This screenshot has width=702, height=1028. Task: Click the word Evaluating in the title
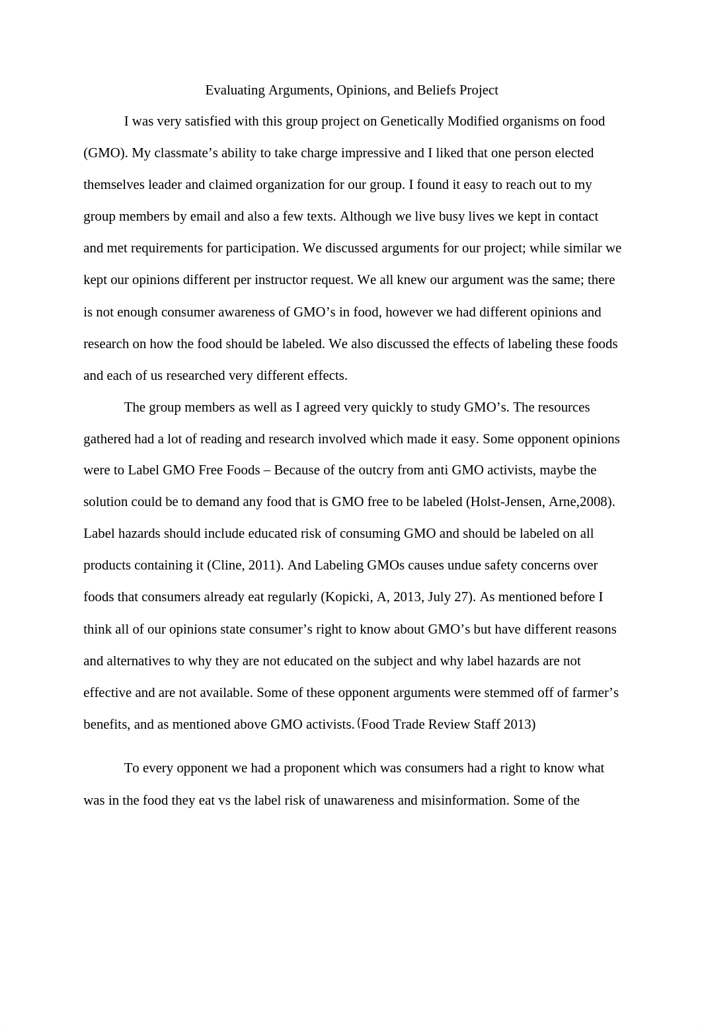(x=235, y=90)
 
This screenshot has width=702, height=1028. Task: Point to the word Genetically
(x=412, y=122)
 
